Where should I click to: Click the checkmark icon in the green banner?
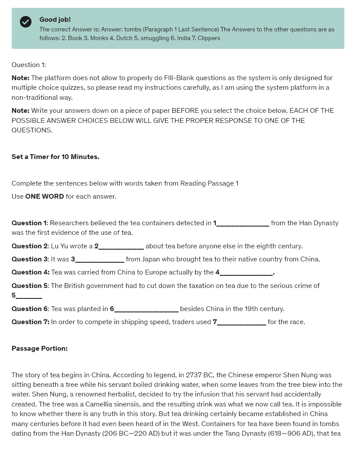pos(26,21)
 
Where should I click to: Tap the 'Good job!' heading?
pos(55,20)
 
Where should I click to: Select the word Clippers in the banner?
pos(209,38)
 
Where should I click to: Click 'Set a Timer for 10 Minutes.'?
pos(55,157)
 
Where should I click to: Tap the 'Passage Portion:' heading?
pos(40,349)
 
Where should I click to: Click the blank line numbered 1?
pos(243,223)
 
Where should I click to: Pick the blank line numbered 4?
pos(246,273)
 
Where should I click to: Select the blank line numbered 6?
pos(146,309)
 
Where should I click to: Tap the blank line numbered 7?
pos(242,322)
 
